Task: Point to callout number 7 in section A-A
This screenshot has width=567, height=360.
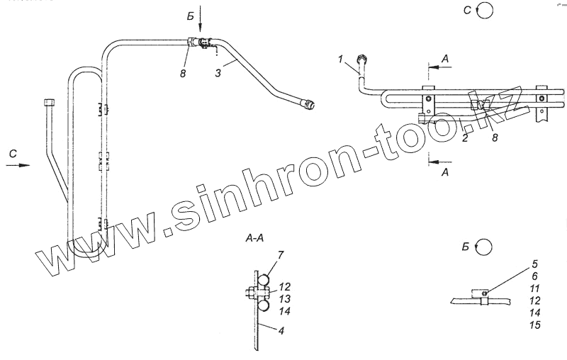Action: tap(261, 254)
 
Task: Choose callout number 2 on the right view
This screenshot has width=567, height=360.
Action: tap(465, 138)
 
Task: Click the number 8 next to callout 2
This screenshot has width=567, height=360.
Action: tap(495, 139)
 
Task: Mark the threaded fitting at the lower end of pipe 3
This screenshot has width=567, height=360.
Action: tap(309, 106)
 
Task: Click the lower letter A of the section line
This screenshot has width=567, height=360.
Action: tap(443, 171)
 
